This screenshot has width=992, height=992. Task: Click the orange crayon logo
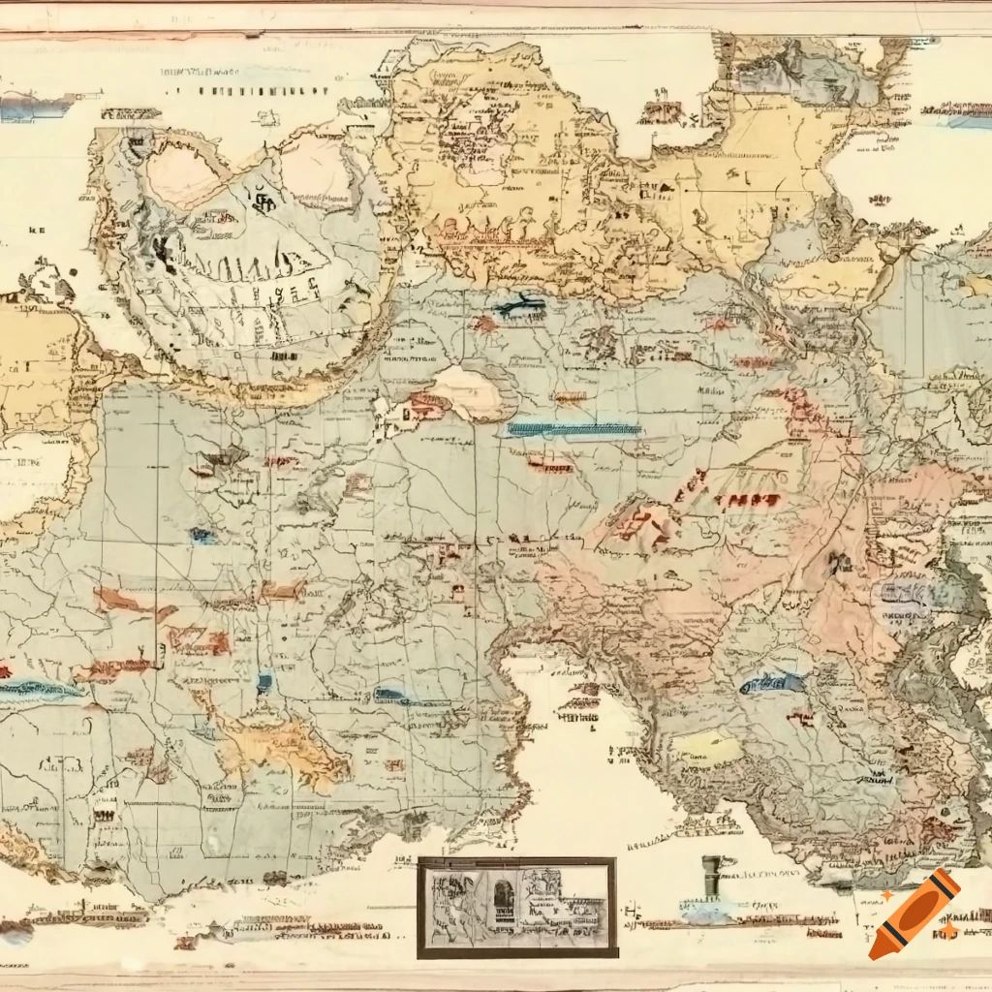click(x=914, y=914)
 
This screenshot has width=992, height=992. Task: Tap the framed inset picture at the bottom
click(x=516, y=907)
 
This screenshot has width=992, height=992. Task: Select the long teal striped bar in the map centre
click(x=573, y=429)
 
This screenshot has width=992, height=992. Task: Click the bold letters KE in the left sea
click(x=38, y=232)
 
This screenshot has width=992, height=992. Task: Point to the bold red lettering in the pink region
click(x=745, y=501)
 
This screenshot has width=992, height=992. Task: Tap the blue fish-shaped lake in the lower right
click(x=772, y=683)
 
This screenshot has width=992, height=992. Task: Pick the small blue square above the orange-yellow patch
click(x=264, y=683)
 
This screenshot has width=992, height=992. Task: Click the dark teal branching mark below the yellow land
click(x=518, y=305)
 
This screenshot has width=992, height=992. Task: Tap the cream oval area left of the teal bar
click(x=465, y=392)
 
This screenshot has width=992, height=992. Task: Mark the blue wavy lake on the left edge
click(x=39, y=691)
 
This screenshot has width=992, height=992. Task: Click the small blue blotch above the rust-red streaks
click(x=203, y=535)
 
